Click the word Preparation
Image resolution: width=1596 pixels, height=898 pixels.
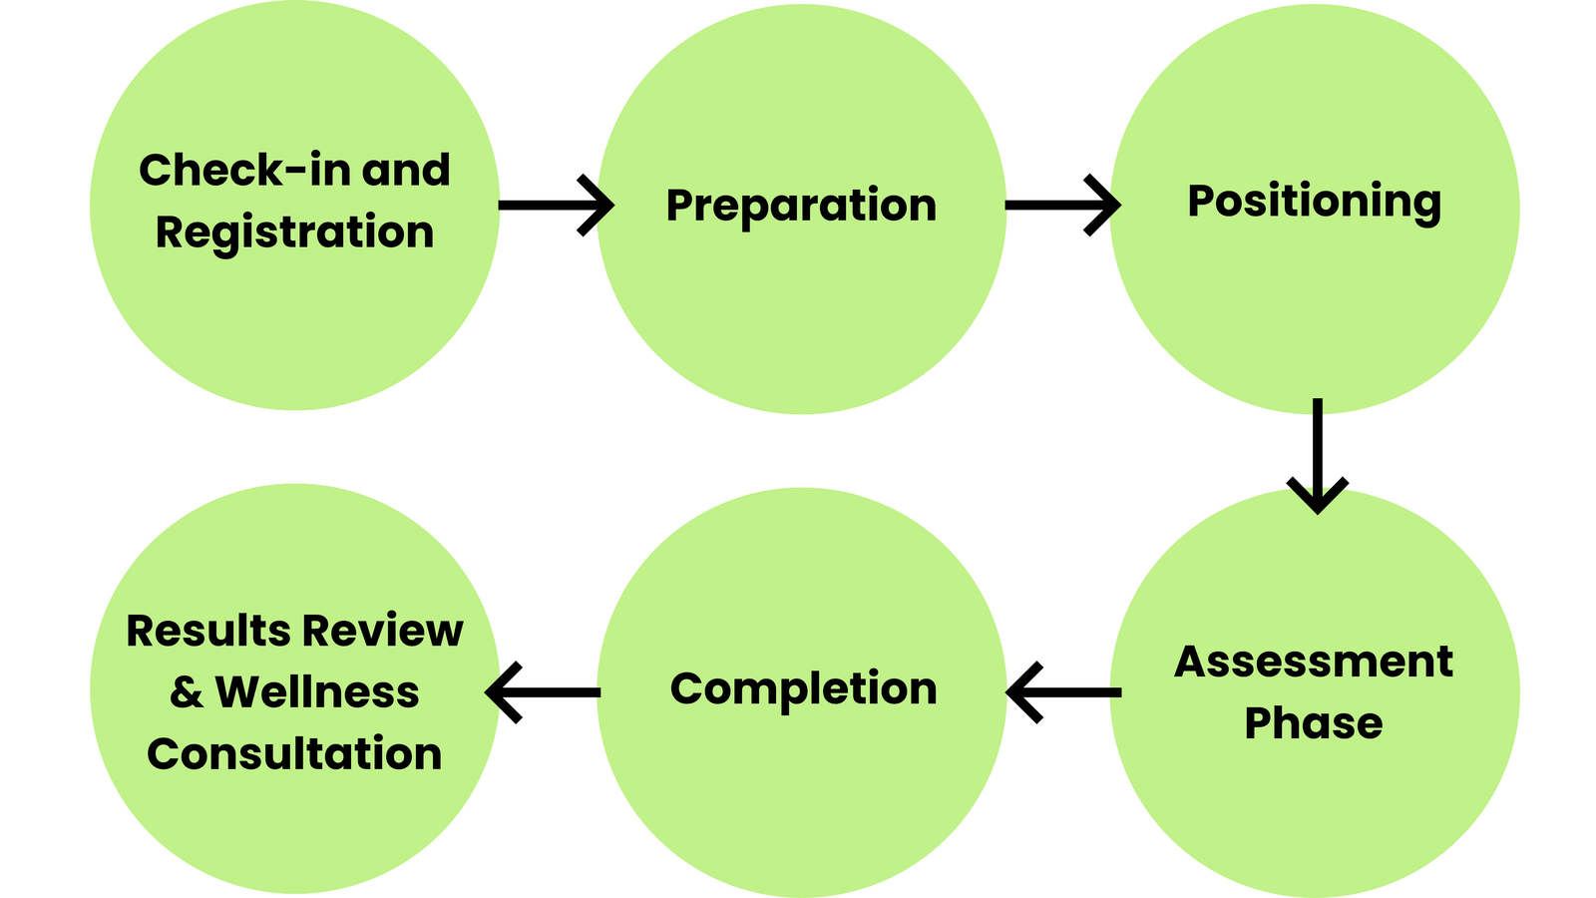801,206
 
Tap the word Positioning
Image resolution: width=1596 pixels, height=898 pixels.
1314,202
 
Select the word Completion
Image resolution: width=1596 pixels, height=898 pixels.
803,688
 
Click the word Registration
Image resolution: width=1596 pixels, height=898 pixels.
295,232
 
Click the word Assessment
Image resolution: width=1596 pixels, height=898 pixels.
1314,662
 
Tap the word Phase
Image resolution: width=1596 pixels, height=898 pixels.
1314,723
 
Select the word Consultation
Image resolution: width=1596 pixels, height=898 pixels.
294,753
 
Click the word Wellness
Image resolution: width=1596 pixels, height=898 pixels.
317,692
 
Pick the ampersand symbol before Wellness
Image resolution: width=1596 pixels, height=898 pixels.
187,692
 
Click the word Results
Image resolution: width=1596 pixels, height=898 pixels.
207,632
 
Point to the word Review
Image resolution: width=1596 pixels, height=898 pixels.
382,632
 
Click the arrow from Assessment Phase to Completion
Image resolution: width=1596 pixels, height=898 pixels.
1063,691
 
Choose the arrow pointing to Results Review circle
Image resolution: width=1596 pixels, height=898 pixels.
544,691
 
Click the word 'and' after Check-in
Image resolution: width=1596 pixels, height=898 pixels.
406,171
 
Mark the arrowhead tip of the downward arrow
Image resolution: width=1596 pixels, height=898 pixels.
1318,511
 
